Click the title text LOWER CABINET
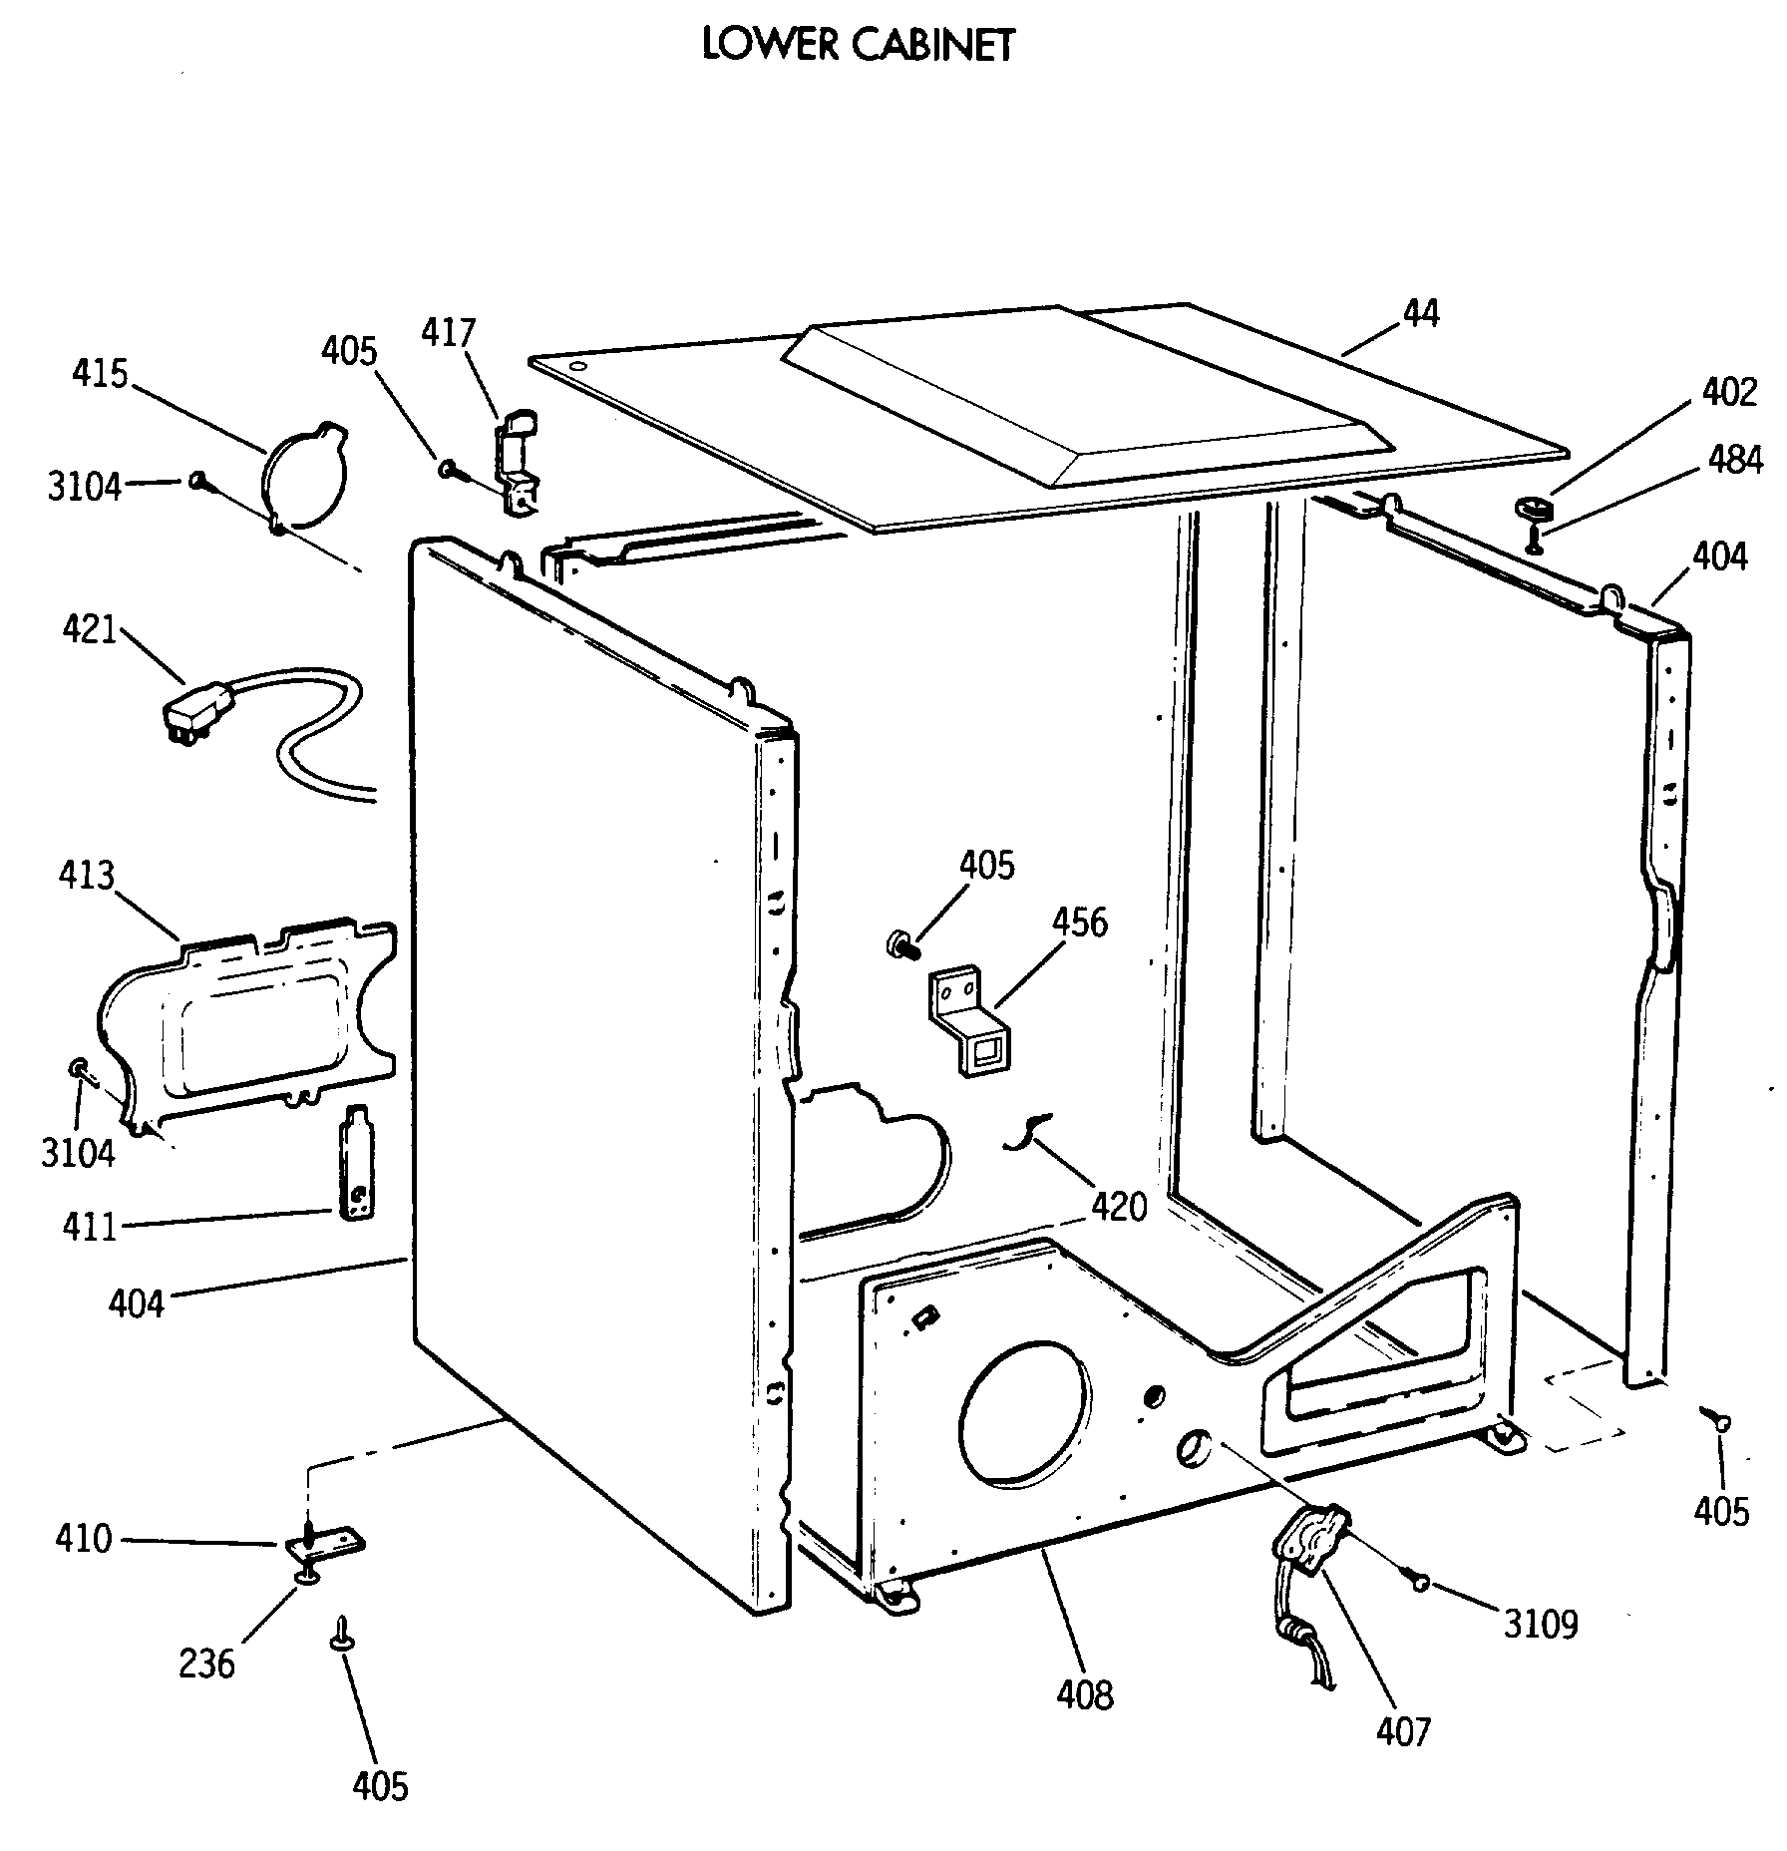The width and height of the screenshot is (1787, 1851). (x=858, y=45)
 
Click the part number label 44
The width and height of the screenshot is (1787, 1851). (x=1420, y=313)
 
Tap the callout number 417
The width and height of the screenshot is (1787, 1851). (x=448, y=332)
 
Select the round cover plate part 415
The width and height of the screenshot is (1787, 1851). (x=304, y=476)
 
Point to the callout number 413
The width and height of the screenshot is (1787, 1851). (x=86, y=876)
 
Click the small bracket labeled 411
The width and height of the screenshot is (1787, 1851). (x=358, y=1161)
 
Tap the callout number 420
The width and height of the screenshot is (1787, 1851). (x=1119, y=1207)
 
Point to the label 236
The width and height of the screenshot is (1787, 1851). (x=206, y=1663)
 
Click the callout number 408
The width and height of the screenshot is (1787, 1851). (x=1085, y=1693)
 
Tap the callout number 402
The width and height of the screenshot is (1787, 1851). (x=1728, y=392)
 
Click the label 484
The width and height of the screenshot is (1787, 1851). (x=1734, y=460)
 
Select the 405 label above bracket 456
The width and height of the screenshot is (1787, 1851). (x=986, y=865)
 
